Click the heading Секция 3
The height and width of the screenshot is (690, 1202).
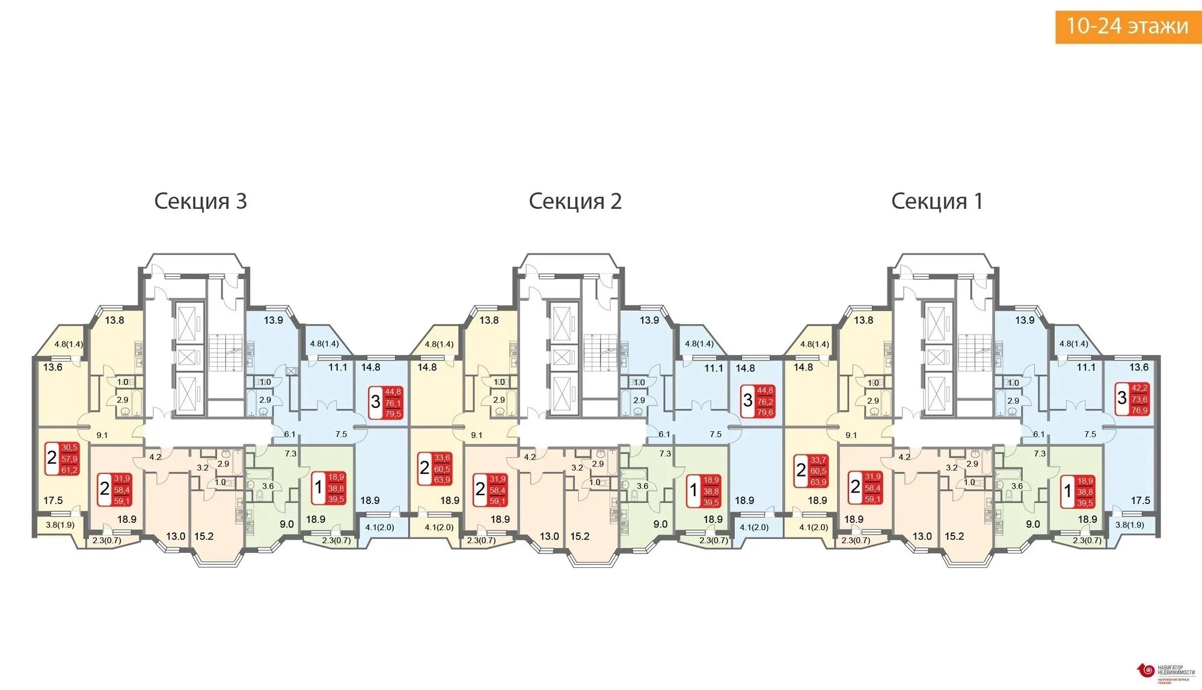click(x=200, y=201)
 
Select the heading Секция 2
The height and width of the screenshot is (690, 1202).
click(x=575, y=201)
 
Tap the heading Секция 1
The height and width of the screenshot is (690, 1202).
click(x=937, y=201)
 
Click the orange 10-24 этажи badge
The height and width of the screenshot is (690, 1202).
click(x=1127, y=26)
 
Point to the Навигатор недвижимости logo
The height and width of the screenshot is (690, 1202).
click(x=1166, y=673)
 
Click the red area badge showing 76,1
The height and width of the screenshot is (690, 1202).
click(x=393, y=403)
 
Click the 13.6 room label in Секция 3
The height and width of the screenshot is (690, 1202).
click(x=53, y=367)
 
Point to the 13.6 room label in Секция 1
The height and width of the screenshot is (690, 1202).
click(x=1138, y=367)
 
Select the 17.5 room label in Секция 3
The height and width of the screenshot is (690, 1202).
click(x=53, y=500)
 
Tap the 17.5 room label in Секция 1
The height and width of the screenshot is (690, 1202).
click(x=1140, y=500)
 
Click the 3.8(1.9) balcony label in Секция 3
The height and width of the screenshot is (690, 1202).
click(x=60, y=525)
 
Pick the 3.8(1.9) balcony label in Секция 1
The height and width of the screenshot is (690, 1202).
click(x=1129, y=525)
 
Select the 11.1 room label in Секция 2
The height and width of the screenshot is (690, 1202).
click(x=713, y=368)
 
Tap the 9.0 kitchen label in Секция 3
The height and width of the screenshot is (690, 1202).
click(x=287, y=524)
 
